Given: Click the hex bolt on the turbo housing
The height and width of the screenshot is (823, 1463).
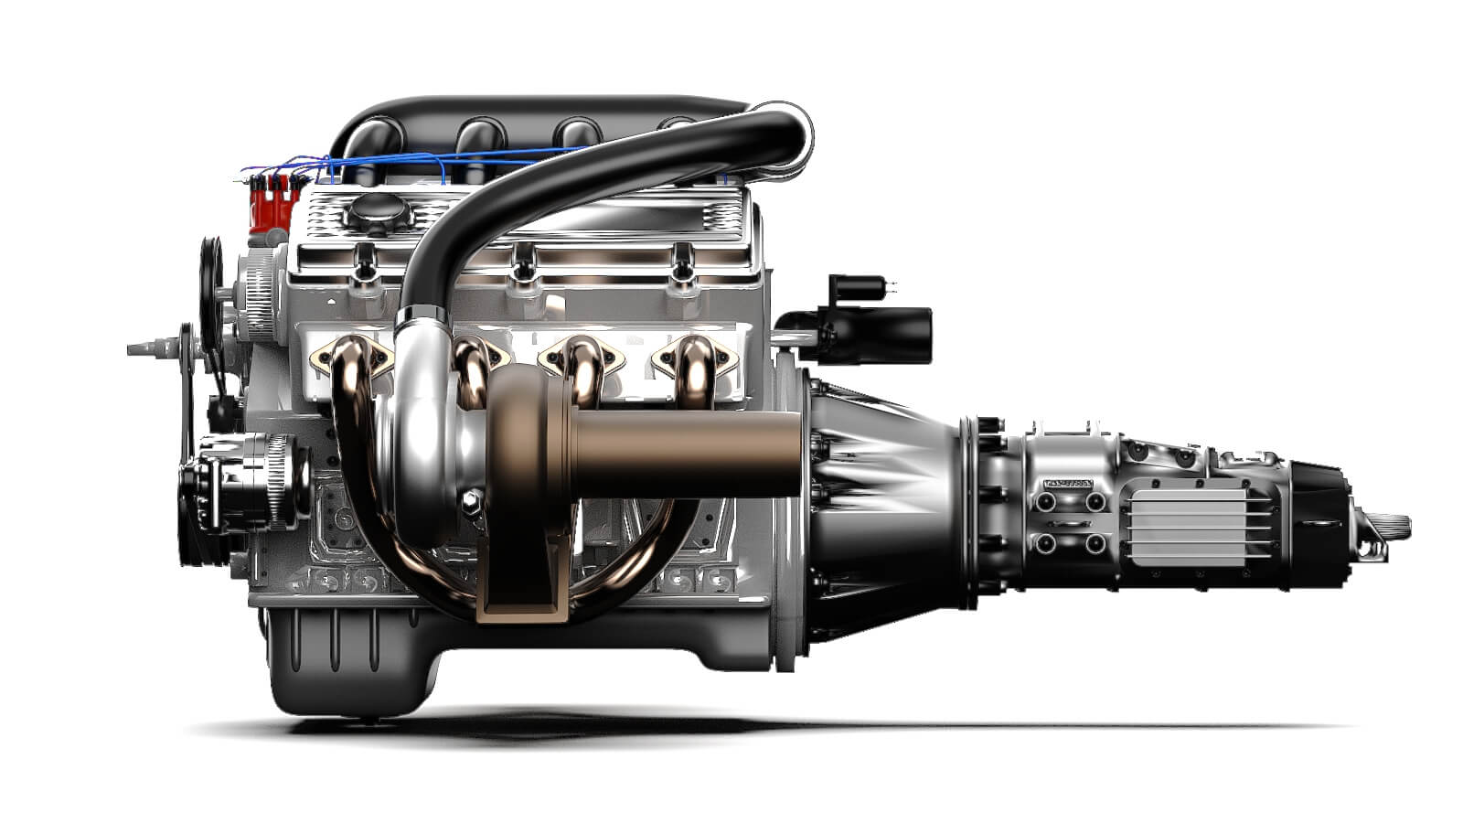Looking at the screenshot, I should (472, 499).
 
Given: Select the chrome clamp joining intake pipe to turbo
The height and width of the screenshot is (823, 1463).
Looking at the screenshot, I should (422, 316).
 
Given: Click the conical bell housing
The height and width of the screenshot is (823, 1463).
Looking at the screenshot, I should (878, 512).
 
